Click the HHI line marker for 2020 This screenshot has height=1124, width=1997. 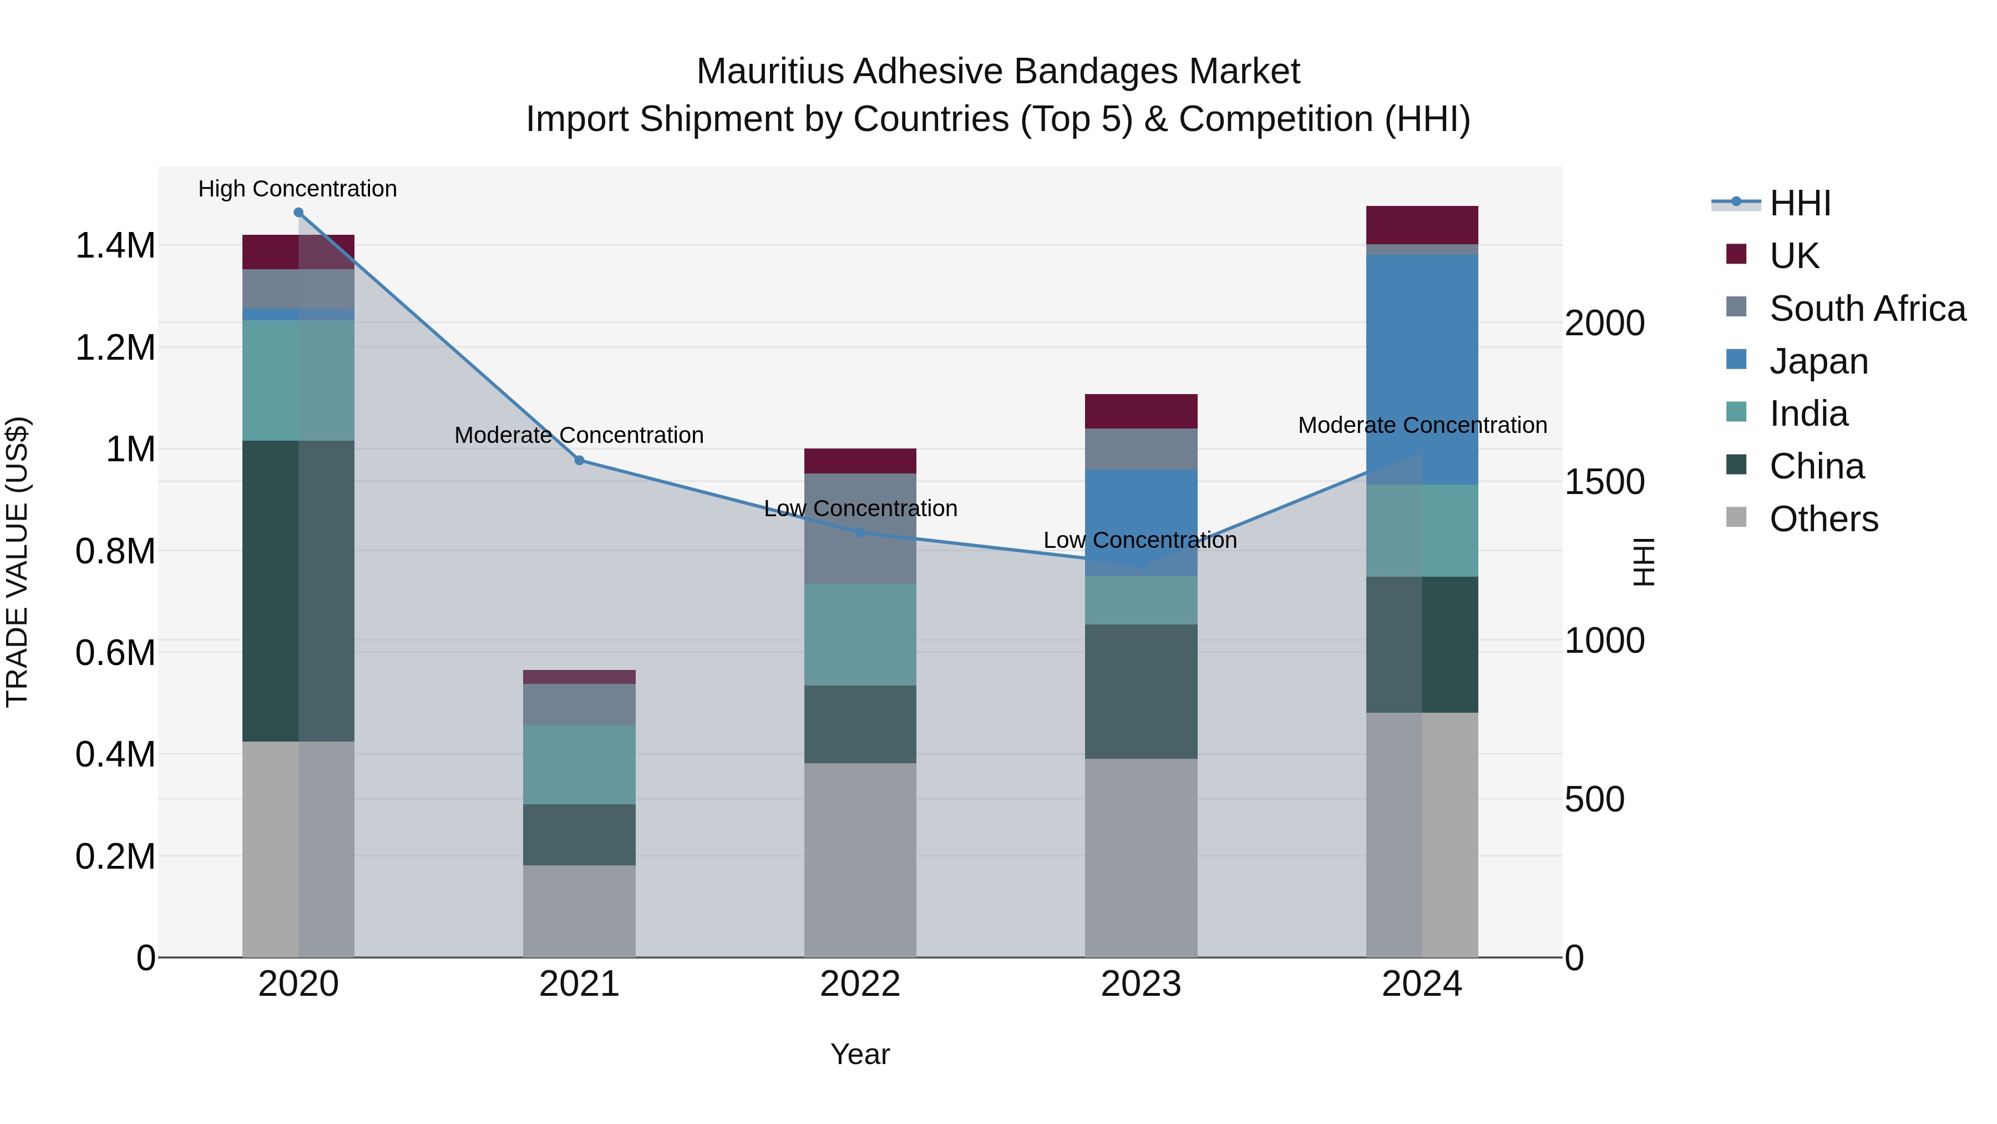coord(298,213)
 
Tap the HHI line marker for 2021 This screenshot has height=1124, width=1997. coord(579,460)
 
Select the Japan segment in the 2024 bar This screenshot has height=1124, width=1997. coord(1422,369)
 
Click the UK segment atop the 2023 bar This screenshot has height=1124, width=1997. coord(1141,411)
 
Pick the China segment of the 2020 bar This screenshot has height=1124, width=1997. coord(298,591)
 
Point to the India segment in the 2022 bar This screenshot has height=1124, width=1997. coord(860,634)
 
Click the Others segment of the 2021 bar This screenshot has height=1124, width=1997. coord(579,911)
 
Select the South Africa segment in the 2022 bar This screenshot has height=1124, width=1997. coord(860,528)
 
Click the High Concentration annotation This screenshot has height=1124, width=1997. coord(298,189)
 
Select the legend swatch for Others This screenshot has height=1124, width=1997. coord(1736,517)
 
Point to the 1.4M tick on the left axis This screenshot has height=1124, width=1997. coord(115,246)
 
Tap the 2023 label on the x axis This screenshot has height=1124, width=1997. coord(1141,984)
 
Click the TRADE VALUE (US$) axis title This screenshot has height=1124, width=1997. coord(17,562)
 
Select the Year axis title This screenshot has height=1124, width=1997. coord(860,1054)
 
